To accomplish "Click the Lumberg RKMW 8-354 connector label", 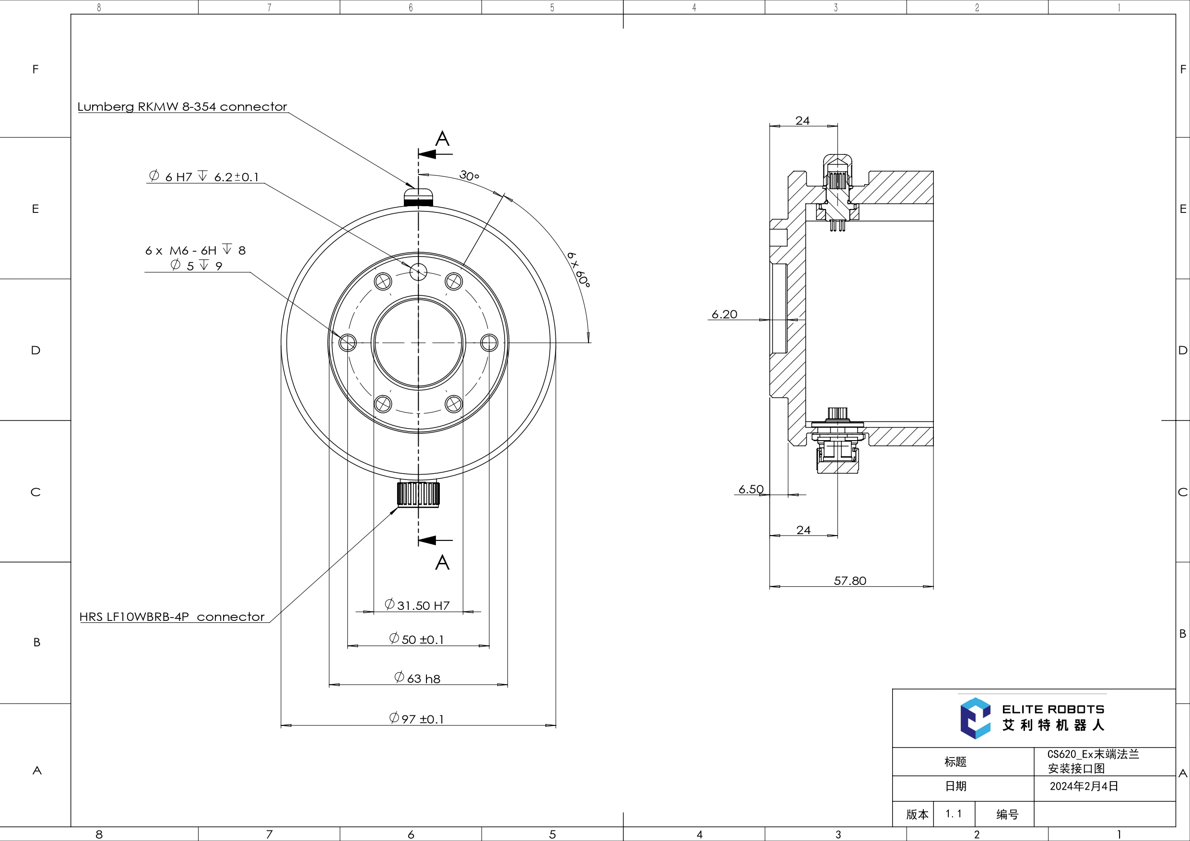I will (x=182, y=106).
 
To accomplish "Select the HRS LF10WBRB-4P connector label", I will (x=172, y=617).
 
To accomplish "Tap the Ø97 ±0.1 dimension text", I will (x=417, y=719).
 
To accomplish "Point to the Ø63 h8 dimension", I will (x=417, y=678).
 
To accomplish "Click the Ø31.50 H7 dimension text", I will (x=417, y=605).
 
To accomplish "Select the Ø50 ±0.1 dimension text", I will (x=417, y=640).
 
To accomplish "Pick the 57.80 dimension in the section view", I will (x=850, y=580).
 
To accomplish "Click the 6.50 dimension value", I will (x=751, y=489).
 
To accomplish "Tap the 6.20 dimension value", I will (x=724, y=314).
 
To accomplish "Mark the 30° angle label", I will (x=469, y=175).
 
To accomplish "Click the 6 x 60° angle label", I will (x=579, y=269).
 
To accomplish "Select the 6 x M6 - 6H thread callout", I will (x=195, y=251).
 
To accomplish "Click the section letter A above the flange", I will (x=442, y=139).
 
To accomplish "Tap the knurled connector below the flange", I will (x=418, y=494).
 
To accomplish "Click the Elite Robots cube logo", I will (x=975, y=718).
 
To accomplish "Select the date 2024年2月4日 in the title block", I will (x=1084, y=786).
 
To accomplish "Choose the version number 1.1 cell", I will (x=953, y=814).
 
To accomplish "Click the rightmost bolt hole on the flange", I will (x=489, y=342).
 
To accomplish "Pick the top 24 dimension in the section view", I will (x=802, y=120).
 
